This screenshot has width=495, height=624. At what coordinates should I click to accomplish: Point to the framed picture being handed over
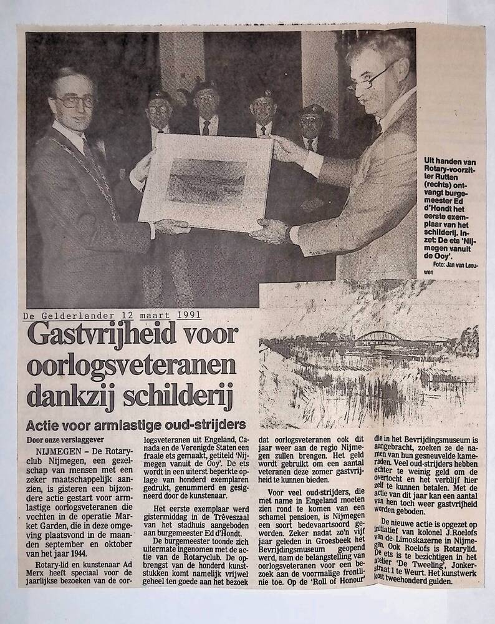click(206, 181)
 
